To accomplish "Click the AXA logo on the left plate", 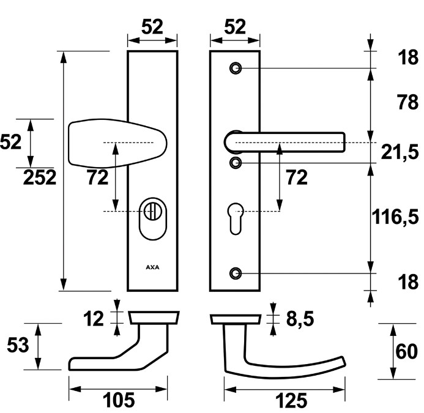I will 152,267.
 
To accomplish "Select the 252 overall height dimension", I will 40,177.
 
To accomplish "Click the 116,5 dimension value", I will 396,215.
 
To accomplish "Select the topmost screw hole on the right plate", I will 236,68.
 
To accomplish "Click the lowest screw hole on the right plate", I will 236,273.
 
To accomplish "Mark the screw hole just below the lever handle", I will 236,162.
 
